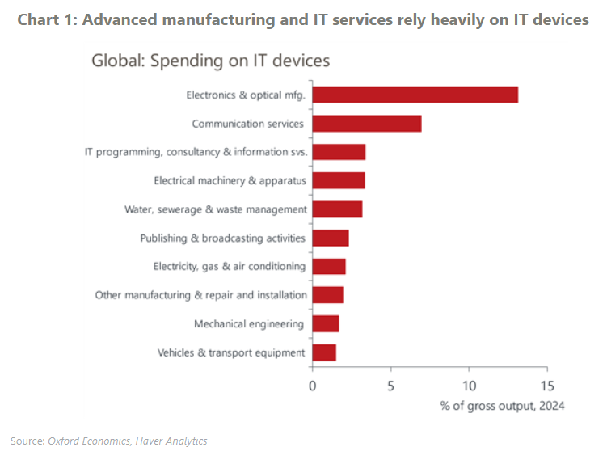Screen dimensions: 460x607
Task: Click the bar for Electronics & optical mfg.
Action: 415,95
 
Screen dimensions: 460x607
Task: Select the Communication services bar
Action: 366,124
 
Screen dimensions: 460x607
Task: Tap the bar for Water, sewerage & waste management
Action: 337,209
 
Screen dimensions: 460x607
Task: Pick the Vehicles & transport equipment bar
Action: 324,352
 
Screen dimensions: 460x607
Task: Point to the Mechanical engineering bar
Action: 326,324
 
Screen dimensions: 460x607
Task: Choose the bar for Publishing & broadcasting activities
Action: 331,238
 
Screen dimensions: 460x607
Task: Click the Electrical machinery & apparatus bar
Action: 338,180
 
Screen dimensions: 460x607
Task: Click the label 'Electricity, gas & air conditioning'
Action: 229,267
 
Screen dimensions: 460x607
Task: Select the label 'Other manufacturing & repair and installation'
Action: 200,295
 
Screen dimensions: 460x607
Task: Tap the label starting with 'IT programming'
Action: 196,152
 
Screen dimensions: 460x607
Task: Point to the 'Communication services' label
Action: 247,124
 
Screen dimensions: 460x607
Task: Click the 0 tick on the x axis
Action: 313,386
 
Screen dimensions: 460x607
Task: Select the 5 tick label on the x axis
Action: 390,386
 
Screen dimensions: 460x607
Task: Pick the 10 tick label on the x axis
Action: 469,386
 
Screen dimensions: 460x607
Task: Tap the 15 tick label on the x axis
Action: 547,386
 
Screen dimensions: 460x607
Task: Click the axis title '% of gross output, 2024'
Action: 502,406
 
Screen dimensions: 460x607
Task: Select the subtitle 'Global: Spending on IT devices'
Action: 210,61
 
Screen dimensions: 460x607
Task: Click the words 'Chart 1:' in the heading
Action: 46,20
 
